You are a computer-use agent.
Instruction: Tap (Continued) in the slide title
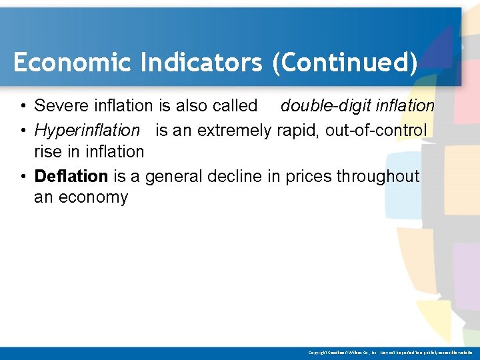[344, 63]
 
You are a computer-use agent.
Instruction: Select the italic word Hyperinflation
[87, 129]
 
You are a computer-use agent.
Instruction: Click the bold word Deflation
[71, 176]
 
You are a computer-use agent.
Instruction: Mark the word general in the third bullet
[174, 176]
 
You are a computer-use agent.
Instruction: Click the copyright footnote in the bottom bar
[390, 352]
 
